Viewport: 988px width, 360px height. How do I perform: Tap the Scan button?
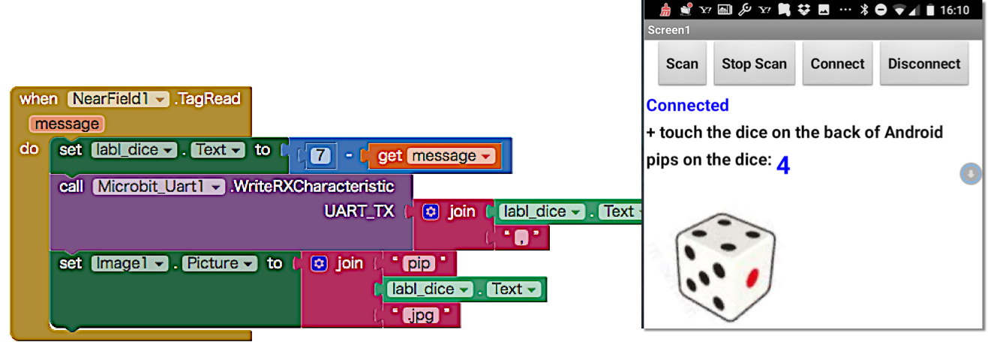pos(682,64)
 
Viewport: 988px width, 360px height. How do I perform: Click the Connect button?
pos(837,64)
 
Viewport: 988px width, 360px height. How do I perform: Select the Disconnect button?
pos(923,64)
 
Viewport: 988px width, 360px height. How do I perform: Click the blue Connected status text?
pos(687,105)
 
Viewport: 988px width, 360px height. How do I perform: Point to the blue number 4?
pos(782,165)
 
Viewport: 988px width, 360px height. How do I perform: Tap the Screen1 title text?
pos(668,30)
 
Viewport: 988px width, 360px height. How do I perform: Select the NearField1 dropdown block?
pos(119,98)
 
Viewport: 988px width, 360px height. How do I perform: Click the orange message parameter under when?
pos(67,124)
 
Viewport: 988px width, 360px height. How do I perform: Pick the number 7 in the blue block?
pos(320,155)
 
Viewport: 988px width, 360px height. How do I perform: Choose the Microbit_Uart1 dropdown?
pos(158,186)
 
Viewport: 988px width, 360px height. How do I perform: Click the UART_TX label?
pos(359,211)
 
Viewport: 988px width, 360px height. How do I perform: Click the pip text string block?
pos(419,263)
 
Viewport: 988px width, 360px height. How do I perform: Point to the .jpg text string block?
pos(421,315)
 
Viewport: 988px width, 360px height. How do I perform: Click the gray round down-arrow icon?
pos(970,174)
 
